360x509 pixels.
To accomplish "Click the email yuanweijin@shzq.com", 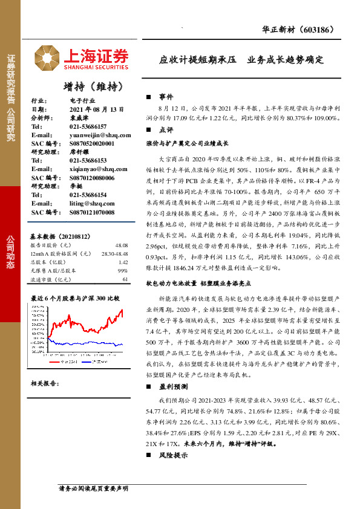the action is coord(96,135).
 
